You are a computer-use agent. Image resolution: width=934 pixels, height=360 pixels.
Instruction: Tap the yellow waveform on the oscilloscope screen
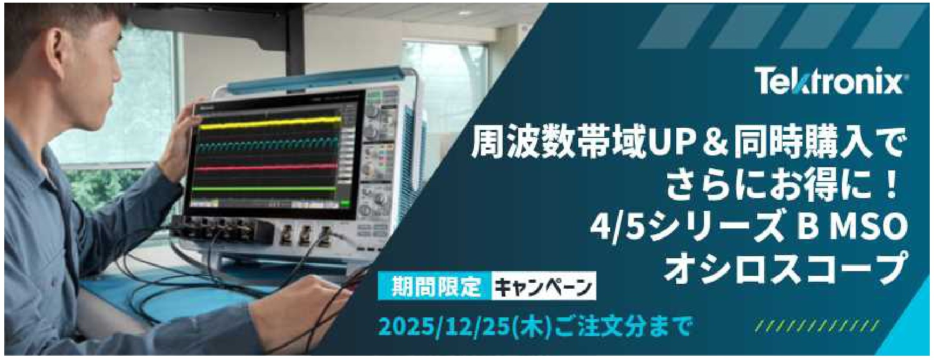(x=269, y=125)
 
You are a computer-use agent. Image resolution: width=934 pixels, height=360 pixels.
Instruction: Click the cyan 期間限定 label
(x=436, y=287)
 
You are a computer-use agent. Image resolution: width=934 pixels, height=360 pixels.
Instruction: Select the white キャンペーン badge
(x=544, y=287)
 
